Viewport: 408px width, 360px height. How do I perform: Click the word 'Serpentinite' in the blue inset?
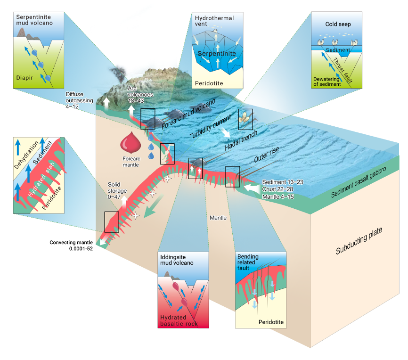click(x=216, y=55)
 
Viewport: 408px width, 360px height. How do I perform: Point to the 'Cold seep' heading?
click(x=338, y=24)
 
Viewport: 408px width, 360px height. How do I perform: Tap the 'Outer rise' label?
click(x=267, y=155)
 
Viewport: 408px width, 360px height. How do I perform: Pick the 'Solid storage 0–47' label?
click(x=118, y=188)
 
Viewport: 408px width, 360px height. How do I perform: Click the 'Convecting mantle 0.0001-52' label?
click(x=72, y=246)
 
